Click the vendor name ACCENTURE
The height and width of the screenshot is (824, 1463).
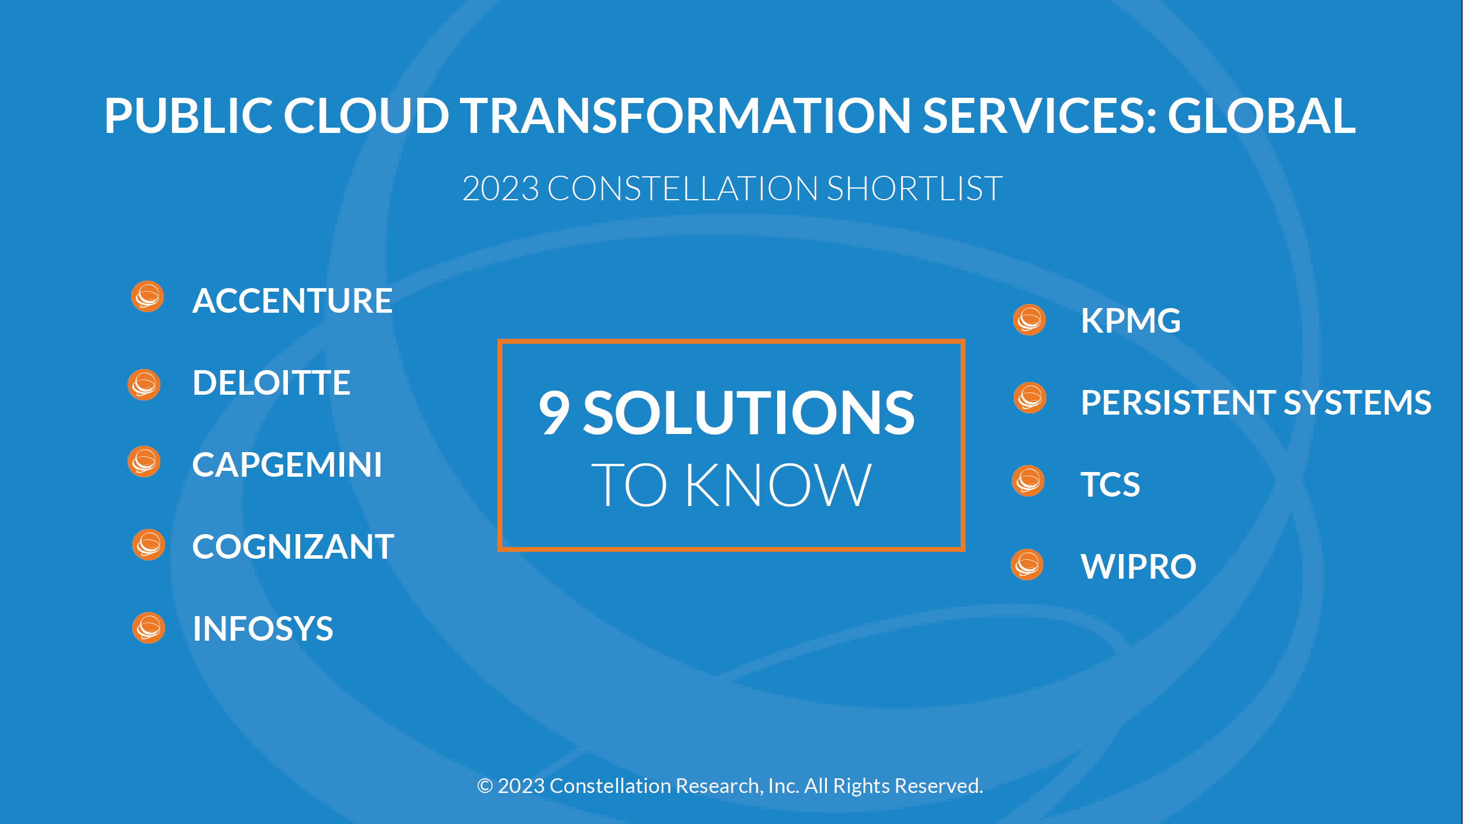pyautogui.click(x=292, y=301)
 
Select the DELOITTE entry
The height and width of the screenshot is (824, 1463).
pyautogui.click(x=272, y=383)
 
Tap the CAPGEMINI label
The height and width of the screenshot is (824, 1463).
pyautogui.click(x=287, y=465)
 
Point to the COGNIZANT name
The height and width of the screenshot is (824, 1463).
pyautogui.click(x=293, y=547)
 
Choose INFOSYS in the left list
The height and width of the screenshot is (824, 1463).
pyautogui.click(x=263, y=629)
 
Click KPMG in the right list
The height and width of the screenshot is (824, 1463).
pyautogui.click(x=1131, y=321)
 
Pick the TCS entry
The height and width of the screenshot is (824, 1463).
pyautogui.click(x=1110, y=485)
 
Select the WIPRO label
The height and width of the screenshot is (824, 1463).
pyautogui.click(x=1138, y=567)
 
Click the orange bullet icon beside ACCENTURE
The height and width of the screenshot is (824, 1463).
pyautogui.click(x=147, y=296)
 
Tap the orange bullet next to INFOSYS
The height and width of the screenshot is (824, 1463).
pyautogui.click(x=149, y=628)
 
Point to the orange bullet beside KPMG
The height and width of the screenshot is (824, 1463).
pyautogui.click(x=1029, y=320)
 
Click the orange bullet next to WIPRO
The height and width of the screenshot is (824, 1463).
pyautogui.click(x=1027, y=565)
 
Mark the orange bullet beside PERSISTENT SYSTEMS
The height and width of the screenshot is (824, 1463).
pyautogui.click(x=1030, y=398)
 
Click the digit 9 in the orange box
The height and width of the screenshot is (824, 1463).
pyautogui.click(x=554, y=413)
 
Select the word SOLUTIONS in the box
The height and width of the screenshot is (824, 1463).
pyautogui.click(x=749, y=413)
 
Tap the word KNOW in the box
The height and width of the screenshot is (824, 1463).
pyautogui.click(x=778, y=485)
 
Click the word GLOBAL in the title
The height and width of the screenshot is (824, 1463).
pyautogui.click(x=1262, y=115)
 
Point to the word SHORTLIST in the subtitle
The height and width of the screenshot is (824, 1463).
pyautogui.click(x=915, y=189)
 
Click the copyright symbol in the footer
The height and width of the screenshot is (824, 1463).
pyautogui.click(x=485, y=786)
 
